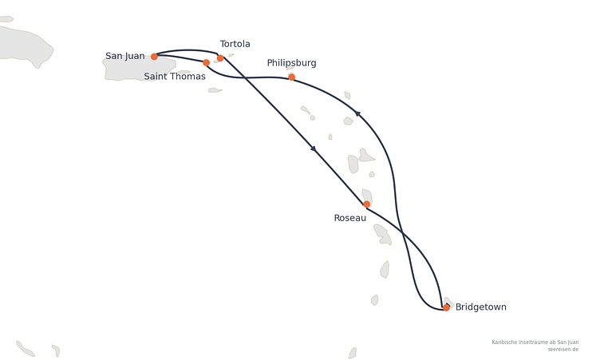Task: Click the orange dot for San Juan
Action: (154, 57)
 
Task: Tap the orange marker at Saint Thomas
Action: (206, 62)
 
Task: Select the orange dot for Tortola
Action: (220, 58)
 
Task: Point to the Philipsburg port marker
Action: (291, 77)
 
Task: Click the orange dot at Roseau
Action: (366, 204)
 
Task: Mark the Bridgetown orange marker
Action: (446, 307)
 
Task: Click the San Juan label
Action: (125, 56)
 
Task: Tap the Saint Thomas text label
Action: (175, 76)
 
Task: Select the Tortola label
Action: (235, 44)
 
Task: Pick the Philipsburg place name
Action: (291, 63)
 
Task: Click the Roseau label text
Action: (350, 218)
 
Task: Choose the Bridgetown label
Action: (480, 307)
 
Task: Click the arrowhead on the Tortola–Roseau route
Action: (314, 148)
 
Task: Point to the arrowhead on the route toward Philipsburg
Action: (357, 113)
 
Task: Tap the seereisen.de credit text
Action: (562, 350)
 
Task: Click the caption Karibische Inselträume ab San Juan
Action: (535, 342)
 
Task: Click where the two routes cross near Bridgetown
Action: (402, 231)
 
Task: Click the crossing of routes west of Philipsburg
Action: (245, 78)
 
